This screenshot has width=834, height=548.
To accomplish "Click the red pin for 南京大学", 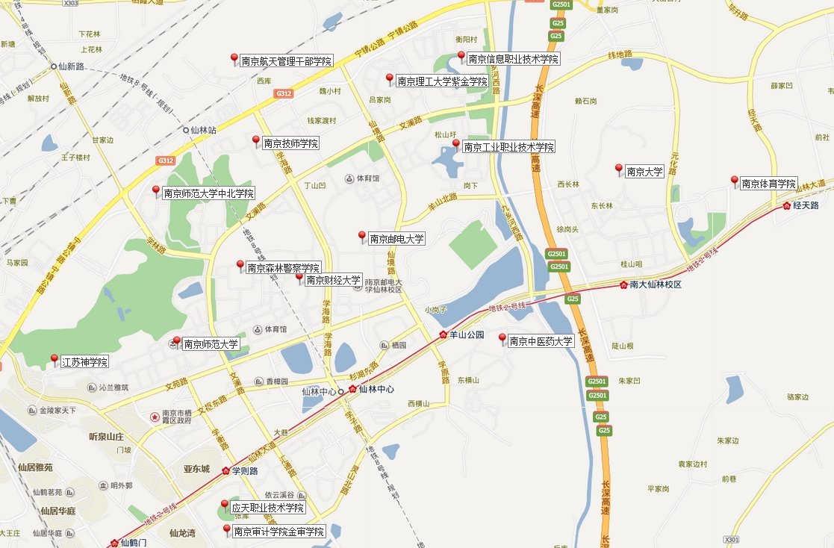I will (x=618, y=169).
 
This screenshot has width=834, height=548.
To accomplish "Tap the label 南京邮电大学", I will (x=396, y=239).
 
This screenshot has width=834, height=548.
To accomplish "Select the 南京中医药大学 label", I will (x=541, y=341).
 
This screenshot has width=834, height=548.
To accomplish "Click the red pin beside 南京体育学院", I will (x=734, y=181).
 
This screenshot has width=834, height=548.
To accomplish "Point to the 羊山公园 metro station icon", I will (x=443, y=335).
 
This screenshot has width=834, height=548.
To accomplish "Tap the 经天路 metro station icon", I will (x=786, y=205).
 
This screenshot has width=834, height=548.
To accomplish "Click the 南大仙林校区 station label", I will (x=656, y=284).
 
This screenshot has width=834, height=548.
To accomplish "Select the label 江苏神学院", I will (x=84, y=362).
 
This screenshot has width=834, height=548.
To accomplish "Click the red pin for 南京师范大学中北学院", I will (x=156, y=190).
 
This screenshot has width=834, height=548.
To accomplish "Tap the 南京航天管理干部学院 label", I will (x=286, y=61).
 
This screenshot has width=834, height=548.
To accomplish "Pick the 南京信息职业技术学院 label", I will (x=513, y=59).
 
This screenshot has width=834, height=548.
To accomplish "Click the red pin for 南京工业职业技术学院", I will (x=456, y=144).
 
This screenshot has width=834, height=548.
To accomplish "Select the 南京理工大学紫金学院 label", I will (x=442, y=81).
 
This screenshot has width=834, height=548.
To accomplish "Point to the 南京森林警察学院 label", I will (x=283, y=268).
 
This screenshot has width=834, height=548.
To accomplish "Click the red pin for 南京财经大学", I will (x=299, y=278).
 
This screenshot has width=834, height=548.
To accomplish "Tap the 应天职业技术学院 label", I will (x=267, y=508).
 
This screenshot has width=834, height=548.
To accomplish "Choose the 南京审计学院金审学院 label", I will (x=278, y=532).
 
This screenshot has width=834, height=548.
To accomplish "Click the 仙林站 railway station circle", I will (x=187, y=130).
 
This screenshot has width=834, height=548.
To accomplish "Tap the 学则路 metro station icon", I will (x=225, y=471).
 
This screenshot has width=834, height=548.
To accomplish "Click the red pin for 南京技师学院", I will (x=256, y=140).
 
